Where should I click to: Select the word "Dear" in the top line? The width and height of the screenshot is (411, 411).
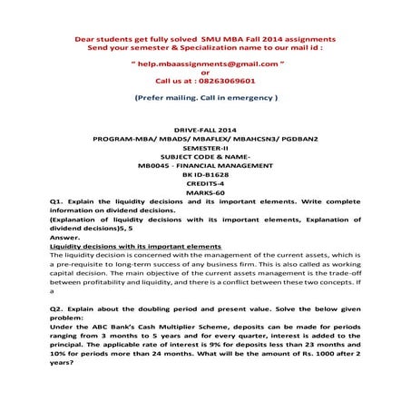point(84,40)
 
